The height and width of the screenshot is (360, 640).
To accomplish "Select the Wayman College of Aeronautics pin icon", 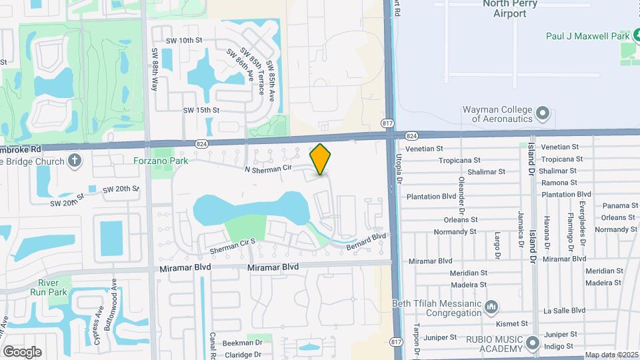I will click(x=543, y=113).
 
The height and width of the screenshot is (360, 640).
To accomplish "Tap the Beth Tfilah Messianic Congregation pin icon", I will click(x=492, y=307).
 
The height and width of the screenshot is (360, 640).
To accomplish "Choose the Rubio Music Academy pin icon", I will click(x=532, y=344).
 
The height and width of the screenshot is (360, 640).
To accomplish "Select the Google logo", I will click(x=22, y=351).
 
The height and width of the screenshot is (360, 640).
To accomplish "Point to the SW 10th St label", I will click(x=184, y=41).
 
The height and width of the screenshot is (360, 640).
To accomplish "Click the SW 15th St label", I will click(x=201, y=110).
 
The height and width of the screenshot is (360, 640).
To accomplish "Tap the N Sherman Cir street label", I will click(x=269, y=169).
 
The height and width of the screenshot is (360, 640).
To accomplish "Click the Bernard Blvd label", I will click(x=365, y=241).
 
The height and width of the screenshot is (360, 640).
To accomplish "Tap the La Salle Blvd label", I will click(x=564, y=310).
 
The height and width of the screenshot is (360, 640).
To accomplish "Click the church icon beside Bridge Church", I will click(x=74, y=161).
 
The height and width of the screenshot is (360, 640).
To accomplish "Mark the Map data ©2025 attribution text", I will click(x=611, y=355).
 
